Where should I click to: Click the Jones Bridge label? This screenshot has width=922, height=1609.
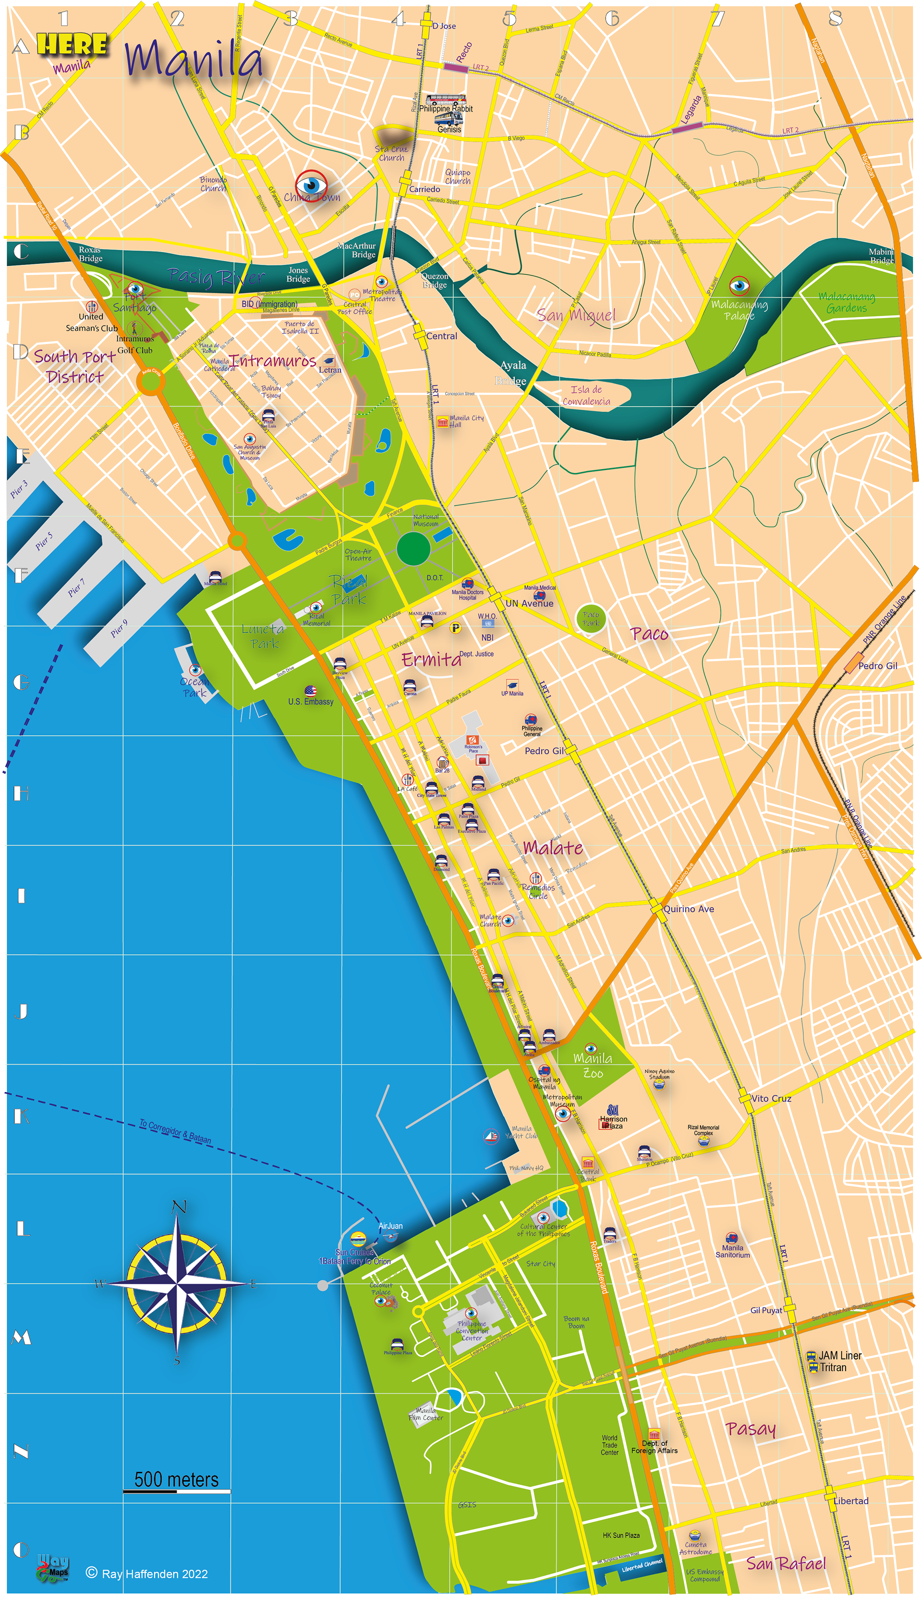click(x=298, y=275)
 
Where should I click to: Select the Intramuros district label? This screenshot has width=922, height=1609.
click(x=274, y=360)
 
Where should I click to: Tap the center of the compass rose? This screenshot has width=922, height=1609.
click(x=177, y=1283)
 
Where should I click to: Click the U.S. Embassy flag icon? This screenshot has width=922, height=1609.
click(x=310, y=690)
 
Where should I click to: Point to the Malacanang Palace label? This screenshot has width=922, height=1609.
click(x=739, y=310)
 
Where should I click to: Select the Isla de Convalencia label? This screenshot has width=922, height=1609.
click(x=586, y=395)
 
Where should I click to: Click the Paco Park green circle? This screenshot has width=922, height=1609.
click(x=591, y=618)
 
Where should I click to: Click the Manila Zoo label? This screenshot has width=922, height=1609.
click(x=593, y=1066)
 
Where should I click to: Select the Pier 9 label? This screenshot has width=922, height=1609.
click(x=119, y=628)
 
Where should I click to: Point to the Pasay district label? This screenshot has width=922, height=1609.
click(x=751, y=1429)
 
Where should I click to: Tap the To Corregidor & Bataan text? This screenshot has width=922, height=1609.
click(x=175, y=1132)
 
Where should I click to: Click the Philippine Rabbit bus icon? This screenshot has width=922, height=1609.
click(x=445, y=99)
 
